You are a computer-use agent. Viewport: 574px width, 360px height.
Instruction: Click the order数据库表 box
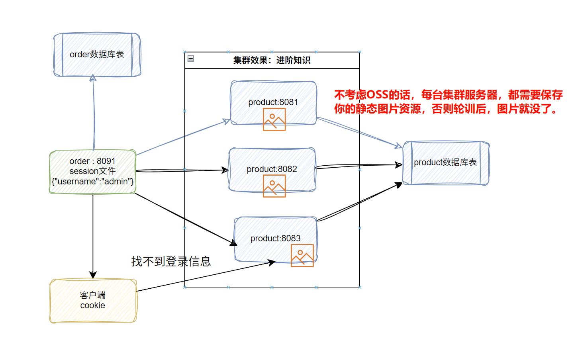[x=97, y=55]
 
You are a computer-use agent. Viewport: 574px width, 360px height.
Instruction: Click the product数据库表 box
[x=445, y=162]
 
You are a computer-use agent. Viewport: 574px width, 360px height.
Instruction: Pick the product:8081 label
[x=273, y=102]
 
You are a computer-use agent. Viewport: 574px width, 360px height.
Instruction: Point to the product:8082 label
[x=272, y=169]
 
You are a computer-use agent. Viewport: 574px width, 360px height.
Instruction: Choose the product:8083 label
[x=275, y=239]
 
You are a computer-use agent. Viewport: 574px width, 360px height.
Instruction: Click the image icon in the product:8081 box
[x=274, y=119]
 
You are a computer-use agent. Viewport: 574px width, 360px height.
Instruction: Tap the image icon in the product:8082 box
[x=274, y=186]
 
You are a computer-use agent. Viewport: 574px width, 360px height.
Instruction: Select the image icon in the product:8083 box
[x=302, y=255]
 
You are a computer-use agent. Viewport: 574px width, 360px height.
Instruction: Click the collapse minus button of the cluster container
[x=191, y=59]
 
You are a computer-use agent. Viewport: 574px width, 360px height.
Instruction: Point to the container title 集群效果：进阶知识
[x=272, y=60]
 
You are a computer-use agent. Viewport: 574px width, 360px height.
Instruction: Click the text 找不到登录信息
[x=171, y=261]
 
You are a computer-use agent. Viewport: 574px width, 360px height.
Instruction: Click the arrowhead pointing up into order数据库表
[x=93, y=78]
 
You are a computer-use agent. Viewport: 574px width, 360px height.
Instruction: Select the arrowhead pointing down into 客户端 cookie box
[x=93, y=275]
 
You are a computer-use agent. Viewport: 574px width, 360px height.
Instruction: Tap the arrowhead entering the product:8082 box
[x=225, y=170]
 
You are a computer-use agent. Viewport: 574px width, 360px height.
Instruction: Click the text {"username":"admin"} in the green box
[x=92, y=182]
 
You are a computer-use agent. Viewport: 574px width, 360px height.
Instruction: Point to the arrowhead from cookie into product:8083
[x=272, y=262]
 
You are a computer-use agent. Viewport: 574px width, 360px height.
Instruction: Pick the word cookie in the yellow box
[x=93, y=305]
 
